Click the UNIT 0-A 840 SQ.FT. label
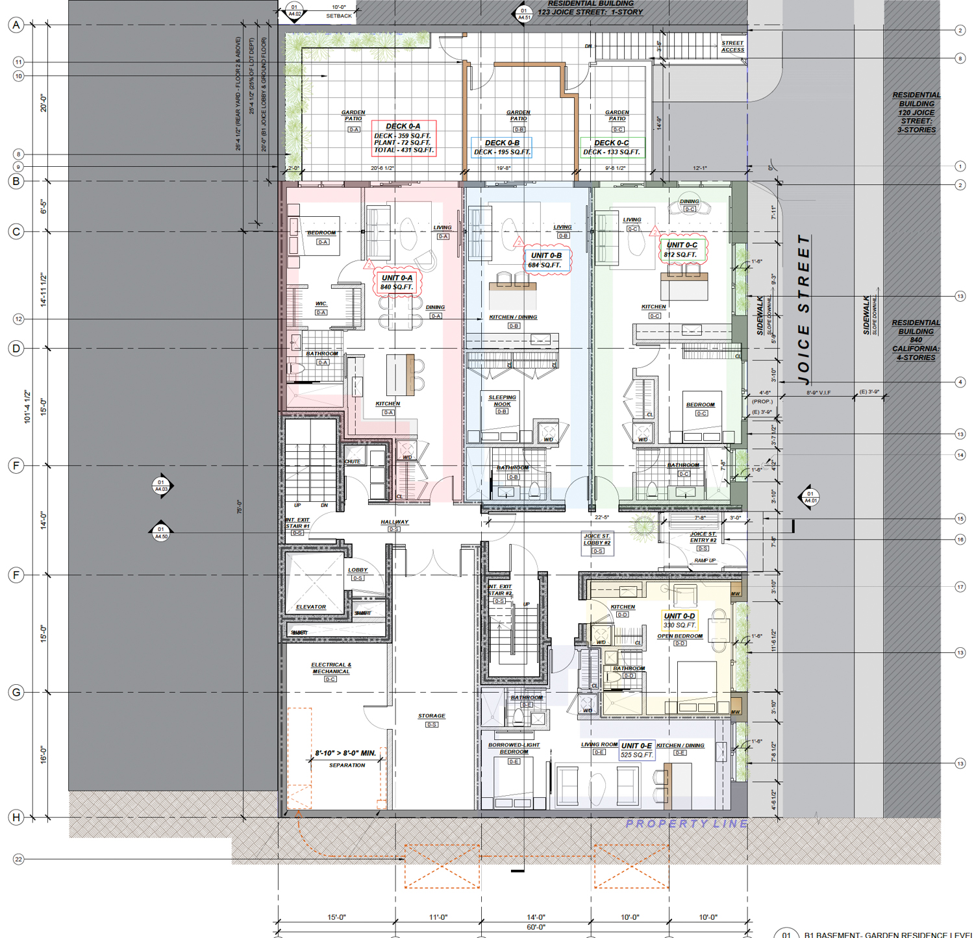tap(397, 282)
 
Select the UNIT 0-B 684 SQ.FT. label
tap(546, 260)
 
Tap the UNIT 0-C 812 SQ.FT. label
tap(681, 250)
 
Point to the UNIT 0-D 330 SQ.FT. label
tap(679, 621)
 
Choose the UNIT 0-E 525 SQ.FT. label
tap(636, 750)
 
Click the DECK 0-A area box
tap(403, 138)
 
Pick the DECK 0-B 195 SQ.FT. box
tap(501, 147)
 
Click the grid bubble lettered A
tap(16, 25)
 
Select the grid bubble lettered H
tap(16, 817)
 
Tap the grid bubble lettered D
tap(16, 349)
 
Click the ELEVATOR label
tap(311, 607)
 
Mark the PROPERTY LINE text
tap(686, 824)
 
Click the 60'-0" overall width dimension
tap(536, 928)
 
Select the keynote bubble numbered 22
tap(18, 859)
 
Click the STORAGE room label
tap(431, 716)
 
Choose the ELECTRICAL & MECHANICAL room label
tap(331, 668)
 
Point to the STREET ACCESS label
tap(732, 46)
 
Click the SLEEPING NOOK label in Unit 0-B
tap(502, 401)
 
